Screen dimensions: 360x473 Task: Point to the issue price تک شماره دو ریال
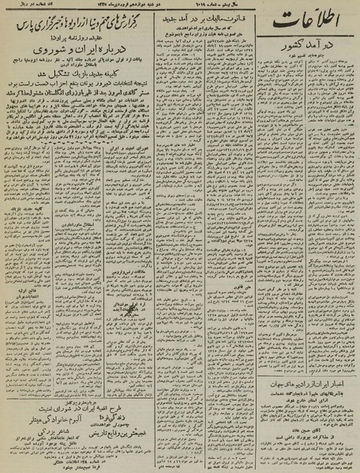point(27,7)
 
